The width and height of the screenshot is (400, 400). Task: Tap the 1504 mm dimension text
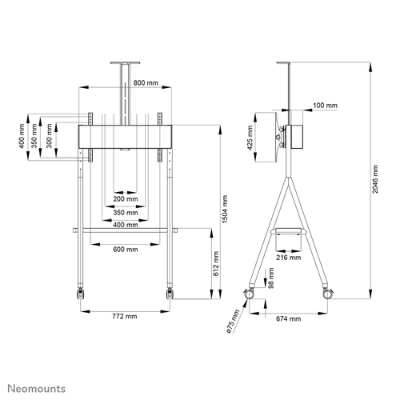225,210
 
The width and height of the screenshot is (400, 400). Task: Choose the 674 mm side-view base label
289,319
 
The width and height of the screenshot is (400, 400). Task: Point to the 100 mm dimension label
325,106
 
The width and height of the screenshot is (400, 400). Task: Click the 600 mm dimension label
125,249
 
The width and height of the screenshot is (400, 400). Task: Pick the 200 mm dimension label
125,198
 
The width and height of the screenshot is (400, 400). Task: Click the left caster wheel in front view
80,294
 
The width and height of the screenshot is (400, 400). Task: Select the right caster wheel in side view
326,294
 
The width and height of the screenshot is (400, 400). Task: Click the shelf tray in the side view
289,230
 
